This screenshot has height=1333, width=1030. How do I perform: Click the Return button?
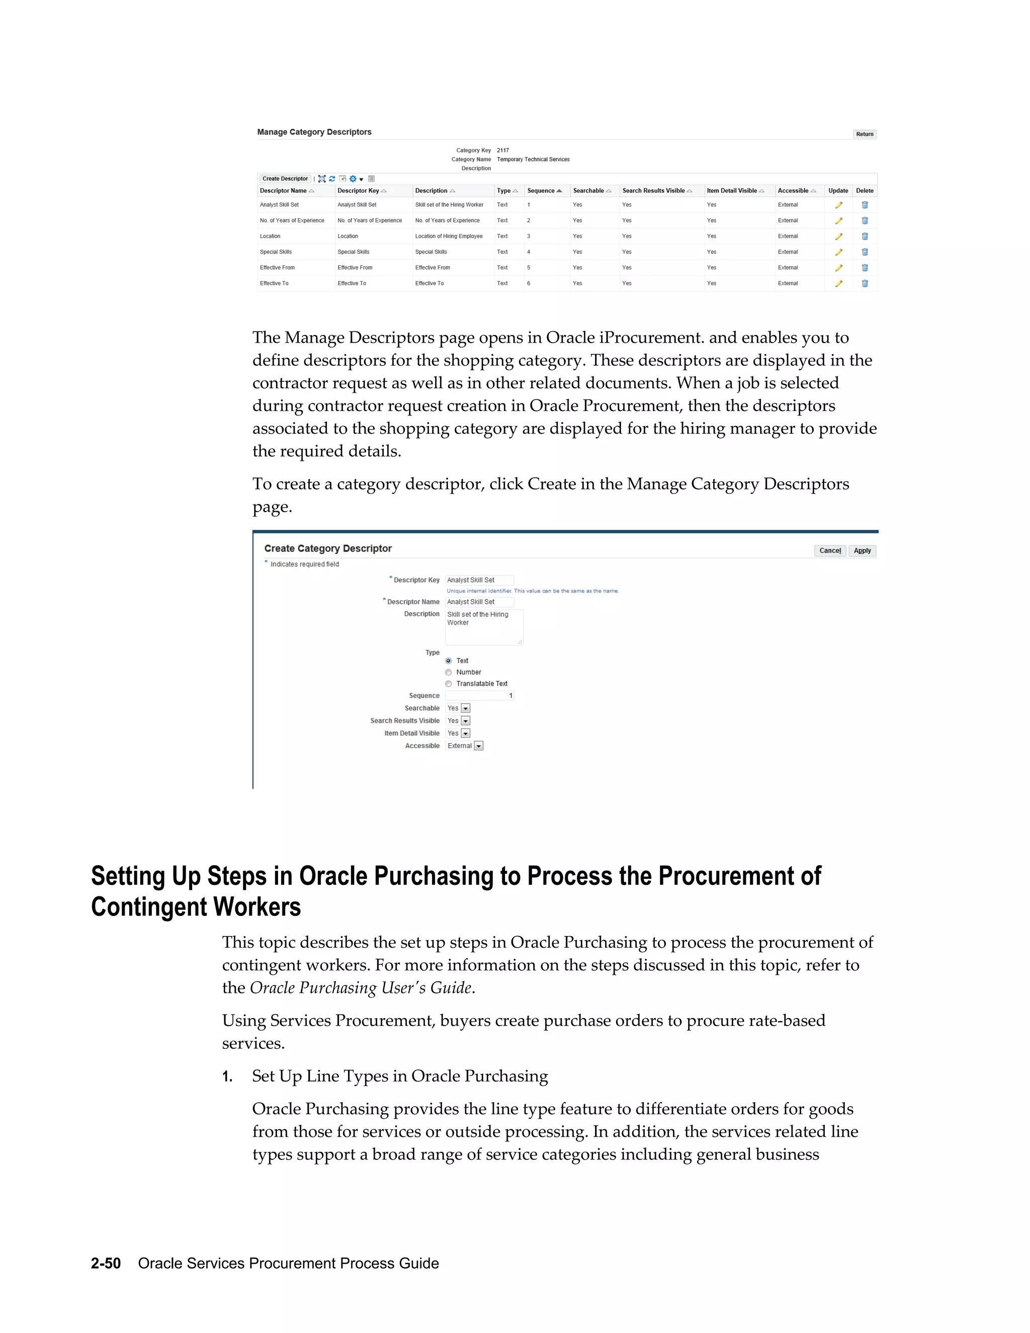[x=864, y=134]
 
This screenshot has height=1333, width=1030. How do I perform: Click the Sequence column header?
[x=541, y=191]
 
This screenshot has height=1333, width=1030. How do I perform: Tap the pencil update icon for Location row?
[x=838, y=237]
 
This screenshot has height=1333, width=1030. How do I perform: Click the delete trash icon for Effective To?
[x=864, y=284]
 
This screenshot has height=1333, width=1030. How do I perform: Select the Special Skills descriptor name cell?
[x=276, y=252]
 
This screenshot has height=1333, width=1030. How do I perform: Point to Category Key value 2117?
[x=503, y=150]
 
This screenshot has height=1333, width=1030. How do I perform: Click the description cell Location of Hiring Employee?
[x=449, y=236]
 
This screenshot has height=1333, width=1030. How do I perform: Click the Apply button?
[x=862, y=550]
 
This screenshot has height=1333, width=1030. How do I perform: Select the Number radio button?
[x=449, y=673]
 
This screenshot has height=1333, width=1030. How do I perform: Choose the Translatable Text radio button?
[x=449, y=684]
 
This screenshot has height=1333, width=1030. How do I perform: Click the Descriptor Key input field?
[x=479, y=580]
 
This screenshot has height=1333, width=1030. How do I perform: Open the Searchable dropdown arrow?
[x=466, y=709]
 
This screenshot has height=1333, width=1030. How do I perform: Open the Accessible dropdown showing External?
[x=478, y=746]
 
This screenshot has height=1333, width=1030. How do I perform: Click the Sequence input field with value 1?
[x=479, y=696]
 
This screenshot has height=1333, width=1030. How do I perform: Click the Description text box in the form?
[x=483, y=627]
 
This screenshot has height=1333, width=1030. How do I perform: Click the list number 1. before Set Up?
[x=227, y=1076]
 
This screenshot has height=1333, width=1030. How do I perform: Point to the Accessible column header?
[x=793, y=191]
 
